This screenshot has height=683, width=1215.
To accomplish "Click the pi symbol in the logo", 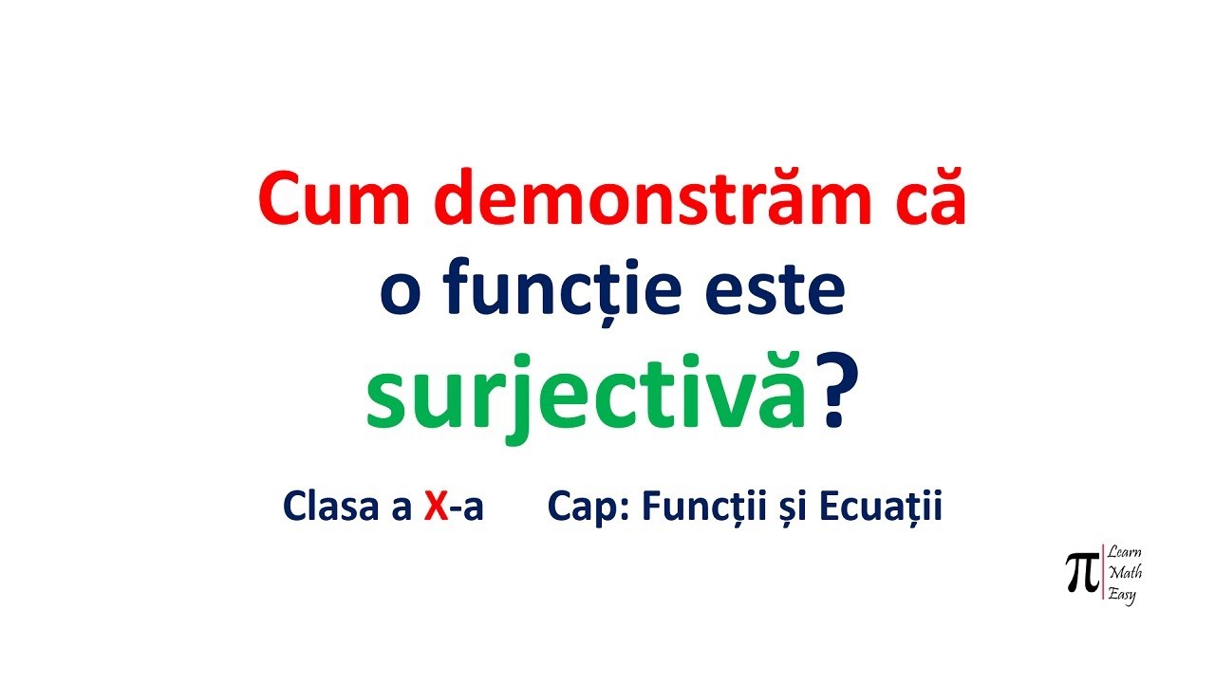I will [x=1081, y=573].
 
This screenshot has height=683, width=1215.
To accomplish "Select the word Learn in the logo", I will [x=1125, y=553].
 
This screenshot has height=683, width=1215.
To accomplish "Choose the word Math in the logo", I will [x=1126, y=573].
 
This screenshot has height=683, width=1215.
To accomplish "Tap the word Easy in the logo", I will [x=1123, y=595].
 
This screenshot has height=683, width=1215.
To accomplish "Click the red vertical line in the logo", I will [x=1102, y=572].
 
